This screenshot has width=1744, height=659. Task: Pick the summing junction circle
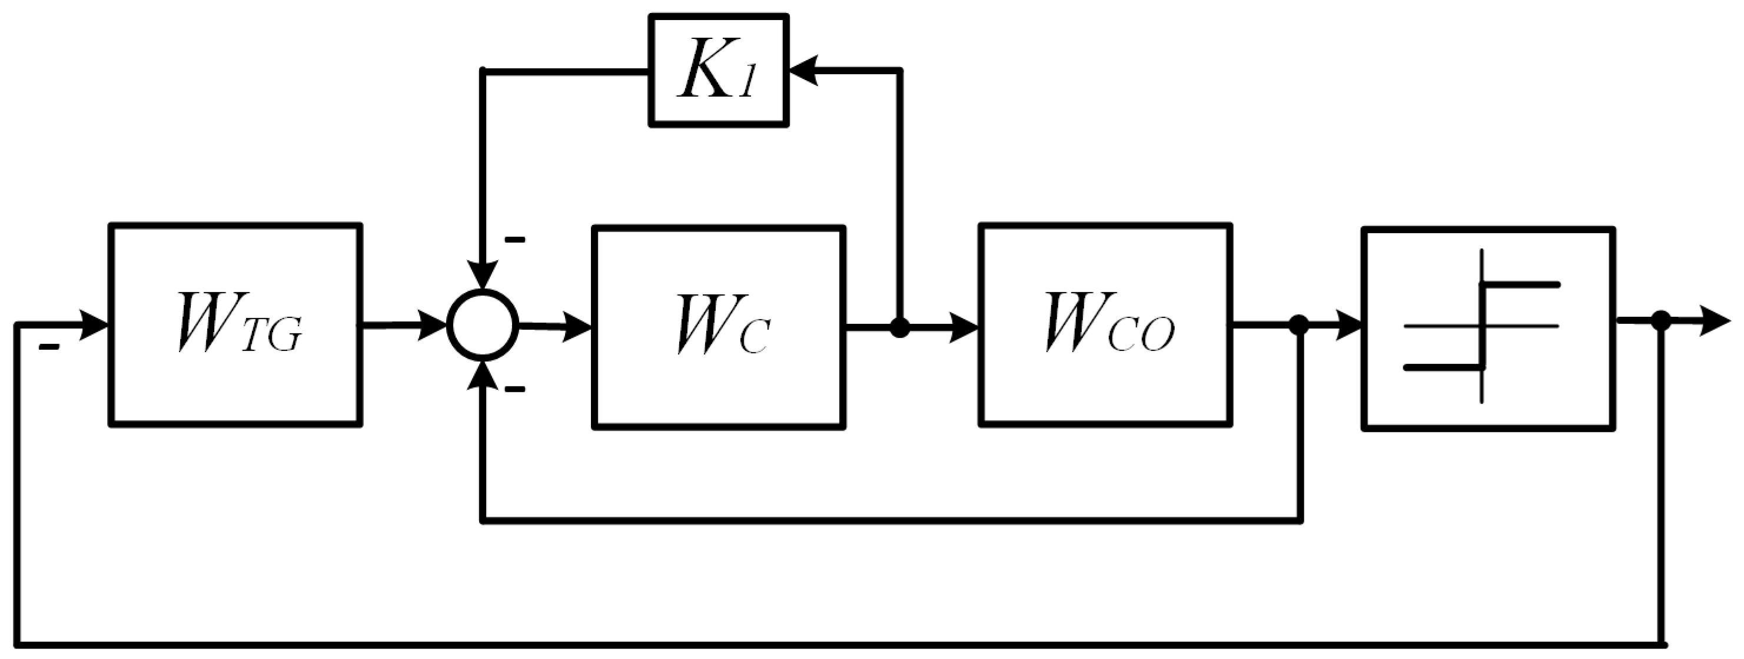483,326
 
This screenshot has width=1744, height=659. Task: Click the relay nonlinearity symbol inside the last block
1483,326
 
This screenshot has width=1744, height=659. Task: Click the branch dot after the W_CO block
1298,326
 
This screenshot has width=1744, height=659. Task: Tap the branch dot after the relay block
1660,320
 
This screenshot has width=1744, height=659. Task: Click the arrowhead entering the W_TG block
95,324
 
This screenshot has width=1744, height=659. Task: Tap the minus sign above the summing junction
515,240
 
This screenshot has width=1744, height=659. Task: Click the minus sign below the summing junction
515,389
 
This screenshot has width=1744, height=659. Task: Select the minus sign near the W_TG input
49,348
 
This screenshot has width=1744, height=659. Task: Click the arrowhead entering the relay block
1347,326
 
